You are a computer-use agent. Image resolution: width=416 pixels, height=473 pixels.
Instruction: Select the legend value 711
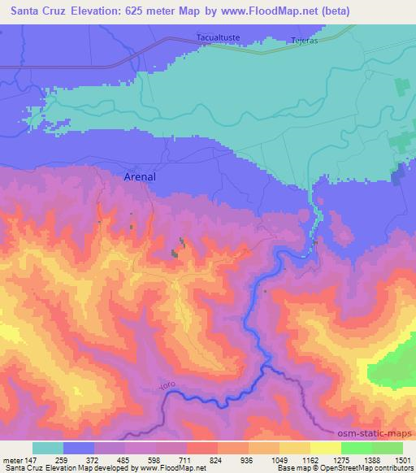(188, 461)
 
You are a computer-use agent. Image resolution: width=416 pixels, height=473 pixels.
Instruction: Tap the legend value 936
(247, 461)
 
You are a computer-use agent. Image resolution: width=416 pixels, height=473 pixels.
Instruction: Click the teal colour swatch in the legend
(48, 449)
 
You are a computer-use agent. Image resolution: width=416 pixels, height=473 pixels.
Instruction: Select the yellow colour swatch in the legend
(327, 449)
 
